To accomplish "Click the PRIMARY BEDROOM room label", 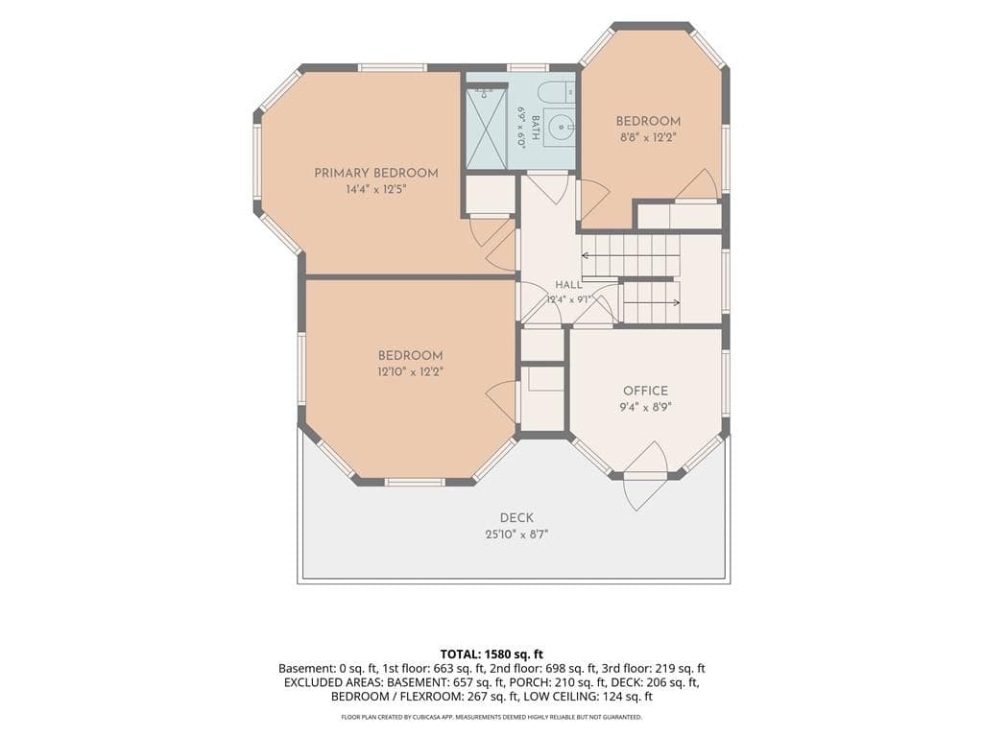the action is (x=376, y=173).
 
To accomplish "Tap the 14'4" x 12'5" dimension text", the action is (x=376, y=190).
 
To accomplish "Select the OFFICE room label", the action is (x=646, y=391).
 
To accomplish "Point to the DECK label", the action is (x=517, y=517).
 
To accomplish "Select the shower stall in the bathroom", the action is (x=485, y=128).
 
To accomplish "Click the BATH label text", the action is (x=536, y=128).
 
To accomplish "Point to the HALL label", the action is (x=568, y=285).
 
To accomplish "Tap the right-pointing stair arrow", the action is (x=652, y=302).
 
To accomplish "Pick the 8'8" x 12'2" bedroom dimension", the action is (x=648, y=138).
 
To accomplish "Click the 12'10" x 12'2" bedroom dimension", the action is (x=411, y=371).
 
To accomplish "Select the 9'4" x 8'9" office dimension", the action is (x=646, y=407).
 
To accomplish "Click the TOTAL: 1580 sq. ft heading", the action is (x=491, y=654).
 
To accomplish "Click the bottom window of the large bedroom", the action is (x=415, y=482).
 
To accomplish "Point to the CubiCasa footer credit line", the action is (x=491, y=717).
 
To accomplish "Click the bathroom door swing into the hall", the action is (x=546, y=187).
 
